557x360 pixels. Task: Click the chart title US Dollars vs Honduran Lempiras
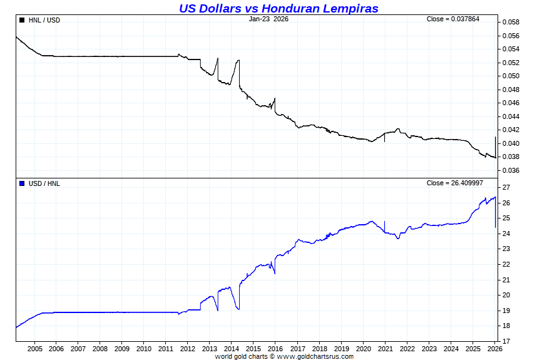[278, 8]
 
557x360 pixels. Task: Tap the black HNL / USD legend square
[23, 20]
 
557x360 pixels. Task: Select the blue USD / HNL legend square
[23, 183]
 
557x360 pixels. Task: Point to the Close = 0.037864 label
[453, 19]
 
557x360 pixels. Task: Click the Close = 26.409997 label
[454, 183]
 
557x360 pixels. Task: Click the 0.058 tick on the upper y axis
[511, 23]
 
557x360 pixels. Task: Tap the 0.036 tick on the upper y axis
[511, 170]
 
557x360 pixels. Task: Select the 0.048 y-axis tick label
[511, 90]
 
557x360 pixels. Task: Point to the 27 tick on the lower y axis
[506, 188]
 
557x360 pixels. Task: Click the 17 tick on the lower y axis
[506, 341]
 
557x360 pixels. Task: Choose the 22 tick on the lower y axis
[506, 264]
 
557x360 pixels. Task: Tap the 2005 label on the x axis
[34, 349]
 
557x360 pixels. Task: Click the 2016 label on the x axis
[275, 349]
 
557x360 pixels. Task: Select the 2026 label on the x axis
[494, 349]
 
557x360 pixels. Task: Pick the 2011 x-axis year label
[166, 349]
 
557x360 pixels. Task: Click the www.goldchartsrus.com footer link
[315, 356]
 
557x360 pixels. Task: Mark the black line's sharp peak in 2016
[275, 98]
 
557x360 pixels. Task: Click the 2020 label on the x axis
[363, 349]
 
